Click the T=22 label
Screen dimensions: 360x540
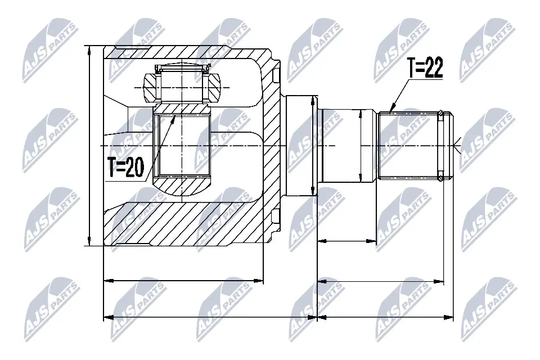(x=425, y=69)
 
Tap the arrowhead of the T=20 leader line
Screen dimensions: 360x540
(x=175, y=115)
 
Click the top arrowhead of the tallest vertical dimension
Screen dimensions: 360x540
(x=89, y=49)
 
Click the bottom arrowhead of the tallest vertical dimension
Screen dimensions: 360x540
(x=89, y=243)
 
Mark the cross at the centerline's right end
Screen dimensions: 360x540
(x=461, y=146)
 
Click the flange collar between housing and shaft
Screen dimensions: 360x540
(x=298, y=145)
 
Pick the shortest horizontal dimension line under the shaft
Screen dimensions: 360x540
(x=346, y=241)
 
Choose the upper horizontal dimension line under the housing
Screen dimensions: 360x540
(x=184, y=279)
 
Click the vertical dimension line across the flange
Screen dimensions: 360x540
(x=313, y=145)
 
